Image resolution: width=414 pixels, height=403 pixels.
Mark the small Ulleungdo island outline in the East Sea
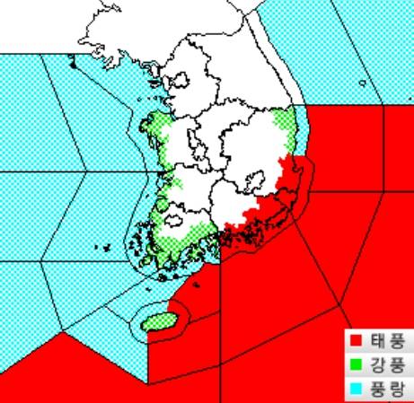tap(362, 83)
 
